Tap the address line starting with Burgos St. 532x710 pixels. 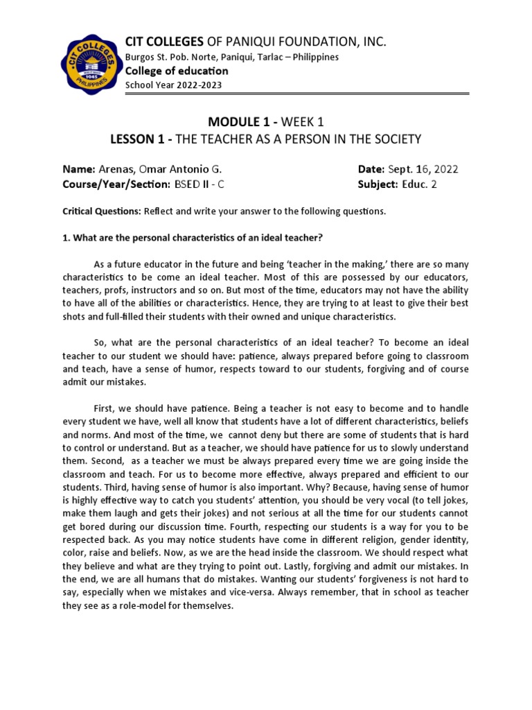231,57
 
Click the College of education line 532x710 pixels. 176,71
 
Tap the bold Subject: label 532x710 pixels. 378,184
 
